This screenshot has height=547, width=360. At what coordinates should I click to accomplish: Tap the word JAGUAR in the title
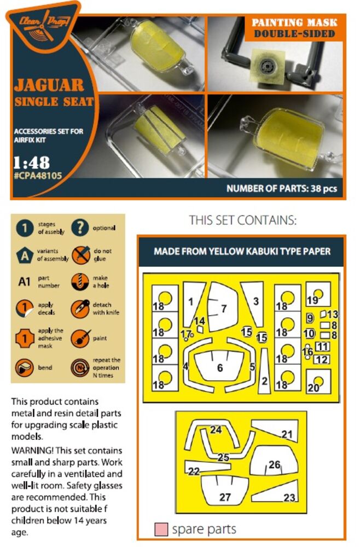[49, 85]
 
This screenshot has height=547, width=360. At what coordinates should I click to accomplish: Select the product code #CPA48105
[38, 176]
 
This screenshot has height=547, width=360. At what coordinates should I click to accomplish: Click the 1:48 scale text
[31, 162]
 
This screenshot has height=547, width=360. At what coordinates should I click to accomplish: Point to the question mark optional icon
[80, 228]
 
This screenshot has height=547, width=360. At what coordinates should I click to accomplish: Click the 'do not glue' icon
[80, 255]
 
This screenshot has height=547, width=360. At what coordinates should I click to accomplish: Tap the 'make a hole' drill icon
[80, 282]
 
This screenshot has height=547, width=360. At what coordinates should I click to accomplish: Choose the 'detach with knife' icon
[80, 309]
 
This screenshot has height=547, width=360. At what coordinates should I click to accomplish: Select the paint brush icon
[80, 339]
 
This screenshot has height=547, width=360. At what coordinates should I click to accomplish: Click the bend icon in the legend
[25, 368]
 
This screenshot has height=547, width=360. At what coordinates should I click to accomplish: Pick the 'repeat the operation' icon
[80, 368]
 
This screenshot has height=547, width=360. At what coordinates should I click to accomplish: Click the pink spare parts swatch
[161, 529]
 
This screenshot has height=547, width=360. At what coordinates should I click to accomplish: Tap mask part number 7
[224, 309]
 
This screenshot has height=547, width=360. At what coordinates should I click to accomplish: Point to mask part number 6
[220, 368]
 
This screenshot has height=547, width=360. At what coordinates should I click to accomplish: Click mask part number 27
[225, 497]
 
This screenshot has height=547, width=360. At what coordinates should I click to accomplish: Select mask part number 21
[287, 434]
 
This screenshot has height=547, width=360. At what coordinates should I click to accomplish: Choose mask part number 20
[313, 388]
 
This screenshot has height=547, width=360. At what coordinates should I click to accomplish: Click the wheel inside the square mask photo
[269, 65]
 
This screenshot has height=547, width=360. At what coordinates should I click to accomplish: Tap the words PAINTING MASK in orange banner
[294, 22]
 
